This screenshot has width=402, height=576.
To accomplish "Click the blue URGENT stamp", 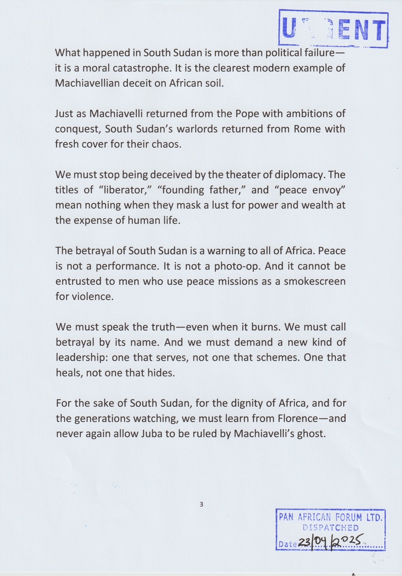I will coord(333,29).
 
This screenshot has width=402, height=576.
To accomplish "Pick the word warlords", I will coord(193,129).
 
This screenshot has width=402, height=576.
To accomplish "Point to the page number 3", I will coord(201,504).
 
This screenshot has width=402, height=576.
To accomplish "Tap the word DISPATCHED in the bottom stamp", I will coord(331,528).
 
